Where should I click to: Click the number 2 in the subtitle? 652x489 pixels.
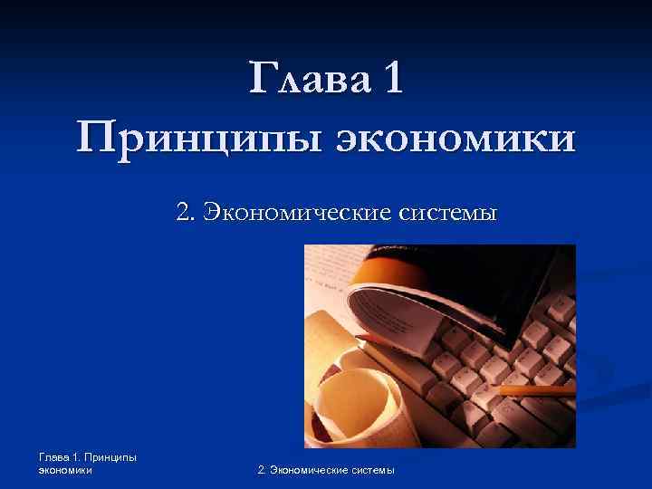pyautogui.click(x=185, y=214)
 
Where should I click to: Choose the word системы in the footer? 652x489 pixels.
pyautogui.click(x=373, y=469)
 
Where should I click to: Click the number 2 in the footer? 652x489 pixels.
pyautogui.click(x=262, y=469)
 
